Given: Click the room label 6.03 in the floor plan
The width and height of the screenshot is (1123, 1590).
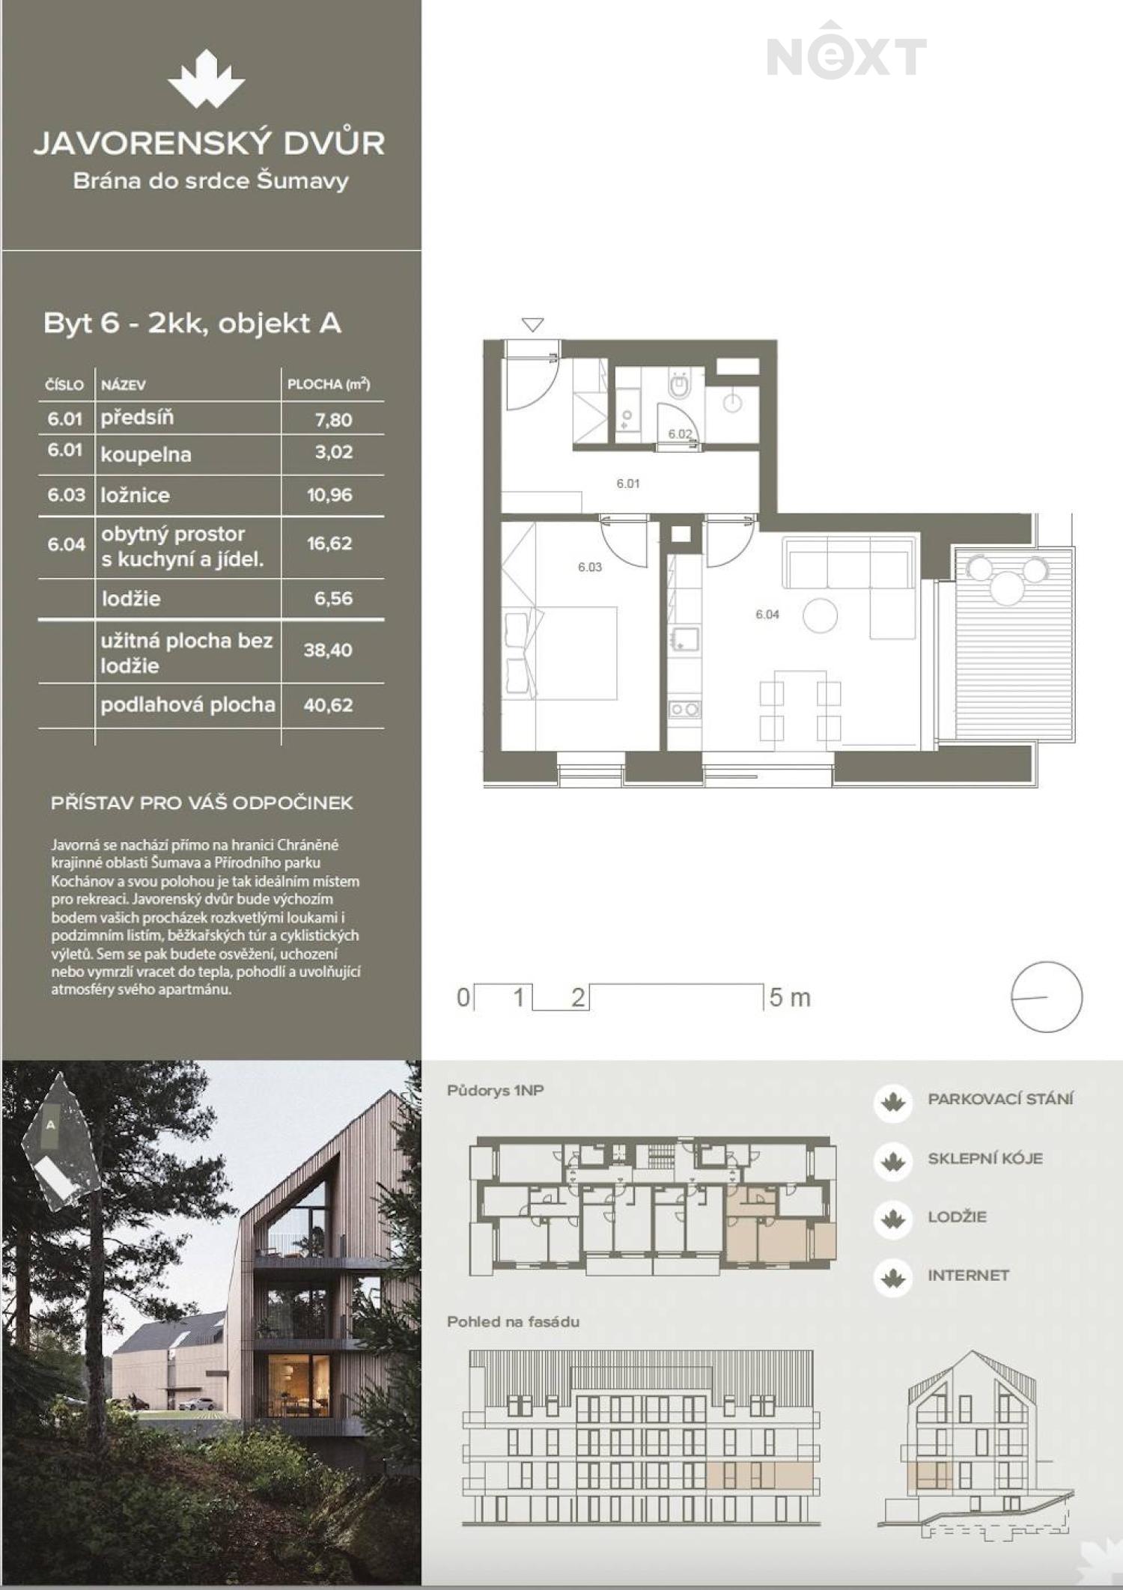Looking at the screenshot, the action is click(x=590, y=567).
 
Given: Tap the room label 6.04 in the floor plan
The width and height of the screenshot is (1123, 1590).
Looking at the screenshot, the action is click(x=767, y=614).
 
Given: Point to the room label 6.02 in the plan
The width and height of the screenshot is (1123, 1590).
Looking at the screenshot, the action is click(x=680, y=433).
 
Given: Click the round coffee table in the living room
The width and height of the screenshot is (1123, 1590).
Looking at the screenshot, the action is click(x=820, y=616).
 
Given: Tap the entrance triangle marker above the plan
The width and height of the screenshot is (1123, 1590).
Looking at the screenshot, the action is click(x=532, y=325).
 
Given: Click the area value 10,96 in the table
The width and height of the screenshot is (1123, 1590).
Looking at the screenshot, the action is click(x=329, y=495).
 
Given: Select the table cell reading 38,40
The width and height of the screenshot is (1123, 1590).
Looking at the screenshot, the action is click(x=328, y=650).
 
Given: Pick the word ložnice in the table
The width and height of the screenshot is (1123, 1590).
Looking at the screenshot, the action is click(x=136, y=495).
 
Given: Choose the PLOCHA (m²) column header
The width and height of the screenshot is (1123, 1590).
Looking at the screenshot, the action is click(x=329, y=384).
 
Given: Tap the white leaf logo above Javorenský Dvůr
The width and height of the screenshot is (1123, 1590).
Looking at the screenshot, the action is click(x=206, y=79).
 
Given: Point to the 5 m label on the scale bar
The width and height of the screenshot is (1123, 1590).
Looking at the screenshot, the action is click(x=790, y=997).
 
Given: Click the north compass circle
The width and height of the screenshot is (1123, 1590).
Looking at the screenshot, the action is click(x=1047, y=962).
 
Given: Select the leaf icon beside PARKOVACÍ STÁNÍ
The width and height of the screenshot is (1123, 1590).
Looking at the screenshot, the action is click(x=892, y=1103).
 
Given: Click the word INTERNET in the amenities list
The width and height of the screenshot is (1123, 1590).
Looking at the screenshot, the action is click(x=968, y=1275).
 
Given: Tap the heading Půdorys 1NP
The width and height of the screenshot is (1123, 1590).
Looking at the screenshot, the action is click(x=495, y=1091).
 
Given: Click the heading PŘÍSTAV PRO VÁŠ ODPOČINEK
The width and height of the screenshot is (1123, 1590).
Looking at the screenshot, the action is click(x=202, y=802).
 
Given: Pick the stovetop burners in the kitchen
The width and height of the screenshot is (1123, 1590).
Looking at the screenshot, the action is click(x=684, y=709).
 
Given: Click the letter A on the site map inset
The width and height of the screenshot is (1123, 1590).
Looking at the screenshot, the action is click(x=51, y=1124).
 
